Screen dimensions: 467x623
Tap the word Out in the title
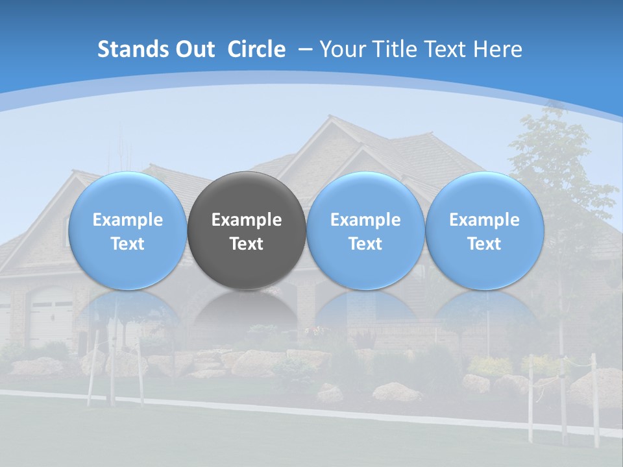[193, 49]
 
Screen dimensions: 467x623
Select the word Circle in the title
[256, 49]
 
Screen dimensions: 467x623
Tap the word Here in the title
[498, 49]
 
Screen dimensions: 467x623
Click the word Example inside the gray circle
[247, 220]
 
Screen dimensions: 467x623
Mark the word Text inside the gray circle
[247, 244]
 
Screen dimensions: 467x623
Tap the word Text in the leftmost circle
[127, 244]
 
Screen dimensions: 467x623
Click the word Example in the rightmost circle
[484, 220]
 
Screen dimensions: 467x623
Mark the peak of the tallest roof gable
[330, 117]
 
